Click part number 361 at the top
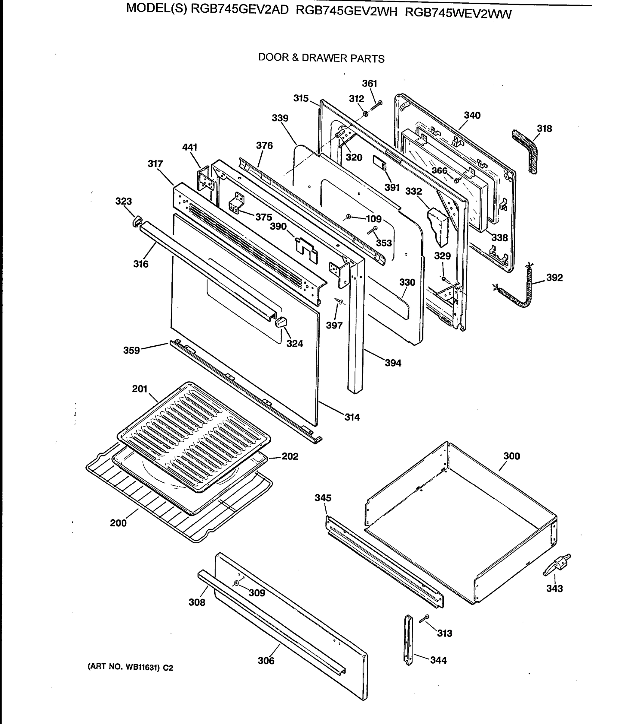(x=369, y=84)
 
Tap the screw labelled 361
(x=377, y=105)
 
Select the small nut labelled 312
(x=365, y=113)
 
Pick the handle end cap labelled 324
(x=281, y=322)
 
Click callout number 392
(x=554, y=278)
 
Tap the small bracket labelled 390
(x=306, y=249)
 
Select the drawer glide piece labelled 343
(x=557, y=565)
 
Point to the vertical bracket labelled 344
(x=408, y=640)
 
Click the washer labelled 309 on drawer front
(x=236, y=583)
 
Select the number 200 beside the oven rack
(x=118, y=523)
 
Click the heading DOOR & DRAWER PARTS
(x=321, y=58)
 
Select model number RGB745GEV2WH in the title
(x=346, y=12)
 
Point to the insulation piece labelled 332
(x=439, y=226)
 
